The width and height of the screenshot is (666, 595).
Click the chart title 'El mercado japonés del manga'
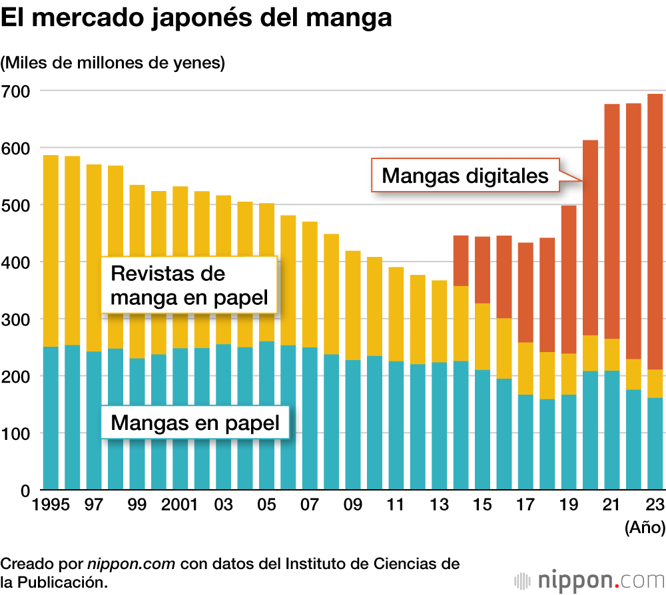coord(196,19)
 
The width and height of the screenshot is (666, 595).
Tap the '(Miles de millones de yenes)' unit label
coord(113,63)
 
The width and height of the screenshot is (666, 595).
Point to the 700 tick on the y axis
coord(16,91)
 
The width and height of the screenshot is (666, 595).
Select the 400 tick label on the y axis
coord(16,262)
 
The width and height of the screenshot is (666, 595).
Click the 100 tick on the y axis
coord(16,433)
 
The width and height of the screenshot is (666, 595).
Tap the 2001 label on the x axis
coord(180,505)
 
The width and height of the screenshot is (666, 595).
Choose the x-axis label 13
coord(439,505)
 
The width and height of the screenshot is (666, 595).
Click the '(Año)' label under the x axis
coord(645,528)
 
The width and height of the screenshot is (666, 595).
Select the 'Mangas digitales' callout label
coord(465,176)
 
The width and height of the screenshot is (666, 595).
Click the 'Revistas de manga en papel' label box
coord(189,285)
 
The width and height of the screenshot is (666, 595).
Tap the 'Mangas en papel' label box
coord(194,422)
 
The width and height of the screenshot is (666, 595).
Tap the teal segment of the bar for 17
coord(525,442)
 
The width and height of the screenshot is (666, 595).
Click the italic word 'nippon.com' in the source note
coord(131,564)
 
